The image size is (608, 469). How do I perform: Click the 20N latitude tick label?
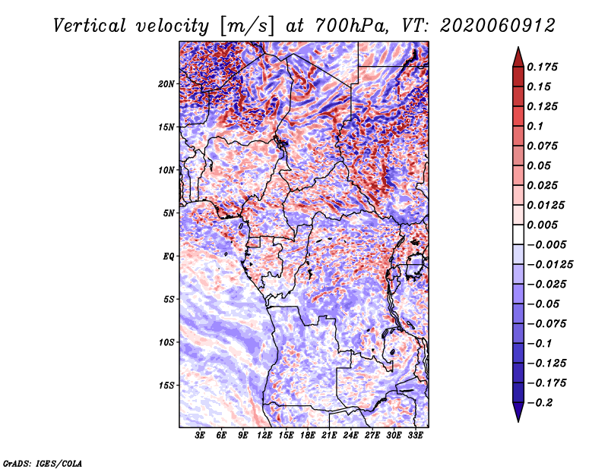[166, 84]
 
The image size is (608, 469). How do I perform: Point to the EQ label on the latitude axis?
[168, 257]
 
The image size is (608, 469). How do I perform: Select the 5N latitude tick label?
[169, 213]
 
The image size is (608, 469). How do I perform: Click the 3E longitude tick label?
[200, 436]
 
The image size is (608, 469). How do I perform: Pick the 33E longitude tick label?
[415, 436]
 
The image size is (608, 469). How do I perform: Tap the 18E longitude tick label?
[308, 436]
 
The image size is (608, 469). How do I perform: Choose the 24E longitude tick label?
[350, 436]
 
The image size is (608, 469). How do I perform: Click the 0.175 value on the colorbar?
[542, 67]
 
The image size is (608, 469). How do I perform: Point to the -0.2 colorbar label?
[540, 403]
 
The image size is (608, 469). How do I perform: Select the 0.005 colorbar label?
[542, 225]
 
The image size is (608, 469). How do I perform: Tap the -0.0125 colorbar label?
[549, 265]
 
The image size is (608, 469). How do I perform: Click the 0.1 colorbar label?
[535, 126]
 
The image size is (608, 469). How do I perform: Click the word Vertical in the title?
[90, 26]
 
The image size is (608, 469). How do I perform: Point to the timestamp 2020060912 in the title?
[498, 26]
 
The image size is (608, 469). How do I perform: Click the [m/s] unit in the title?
[247, 26]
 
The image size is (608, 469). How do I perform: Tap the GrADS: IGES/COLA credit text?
[43, 464]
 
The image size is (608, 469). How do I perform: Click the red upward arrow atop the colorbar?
[518, 57]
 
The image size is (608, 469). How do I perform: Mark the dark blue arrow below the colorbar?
[518, 412]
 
